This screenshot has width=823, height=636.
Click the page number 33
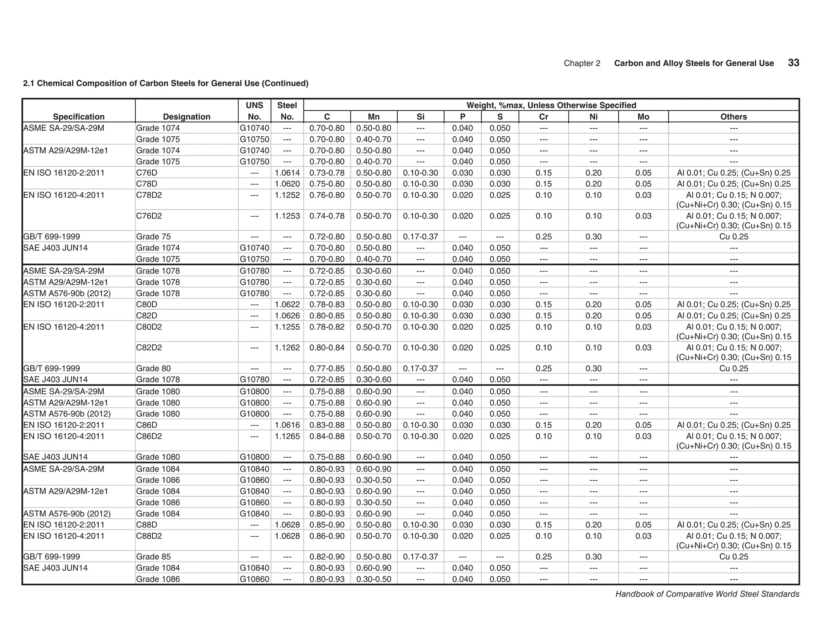click(793, 63)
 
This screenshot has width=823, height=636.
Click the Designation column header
click(186, 117)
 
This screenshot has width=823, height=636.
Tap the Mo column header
click(643, 117)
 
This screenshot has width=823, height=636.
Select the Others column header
click(733, 117)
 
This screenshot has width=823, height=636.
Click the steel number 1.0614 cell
click(287, 173)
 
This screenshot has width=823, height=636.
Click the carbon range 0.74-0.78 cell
click(327, 216)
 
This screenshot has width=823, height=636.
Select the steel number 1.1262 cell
click(287, 348)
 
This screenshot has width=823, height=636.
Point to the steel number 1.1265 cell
click(287, 436)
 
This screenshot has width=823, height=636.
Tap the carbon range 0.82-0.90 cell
click(327, 556)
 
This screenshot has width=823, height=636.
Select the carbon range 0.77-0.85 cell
click(327, 368)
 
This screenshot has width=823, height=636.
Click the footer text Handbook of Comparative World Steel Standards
click(707, 594)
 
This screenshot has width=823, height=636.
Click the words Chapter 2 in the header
click(581, 63)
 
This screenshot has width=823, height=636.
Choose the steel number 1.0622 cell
click(287, 304)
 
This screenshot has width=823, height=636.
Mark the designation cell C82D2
click(149, 348)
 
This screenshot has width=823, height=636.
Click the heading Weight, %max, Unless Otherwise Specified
click(551, 105)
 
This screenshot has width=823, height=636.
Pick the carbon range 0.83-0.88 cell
click(327, 425)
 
